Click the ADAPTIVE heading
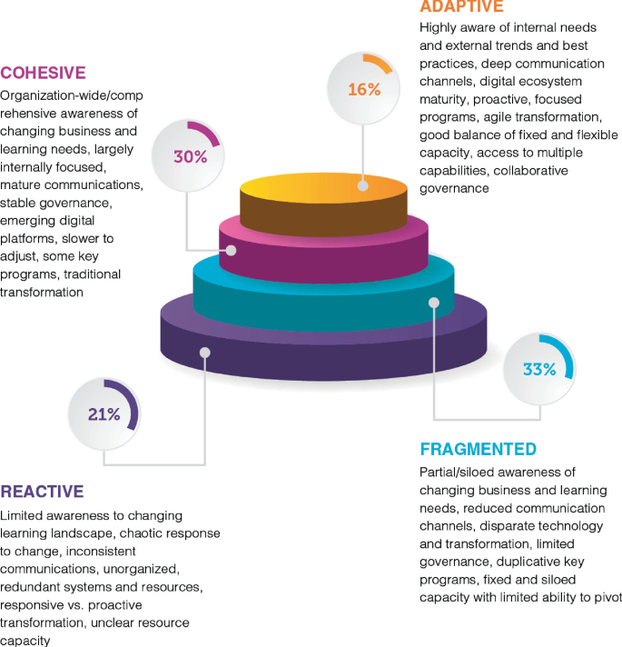point(460,6)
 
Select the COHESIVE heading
point(44,73)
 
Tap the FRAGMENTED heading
point(478,450)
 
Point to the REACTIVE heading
point(42,492)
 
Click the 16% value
point(363,89)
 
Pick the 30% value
point(190,156)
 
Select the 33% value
point(538,369)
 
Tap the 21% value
point(104,414)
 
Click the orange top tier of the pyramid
point(323,199)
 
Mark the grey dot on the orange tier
point(363,185)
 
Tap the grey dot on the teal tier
point(434,302)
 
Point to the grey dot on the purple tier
point(206,353)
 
